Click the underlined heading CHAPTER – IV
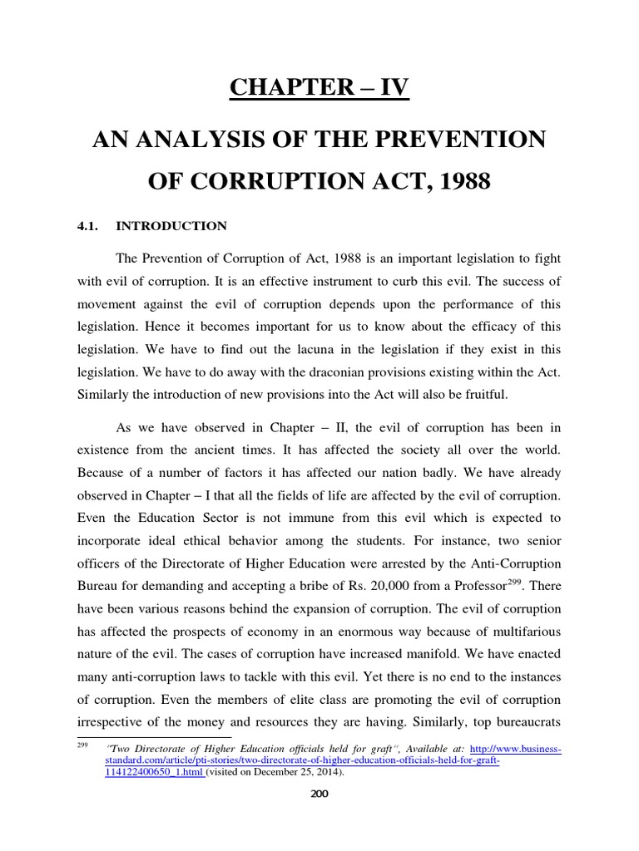(x=319, y=87)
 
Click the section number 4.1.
(x=90, y=226)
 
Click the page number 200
(x=319, y=794)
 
